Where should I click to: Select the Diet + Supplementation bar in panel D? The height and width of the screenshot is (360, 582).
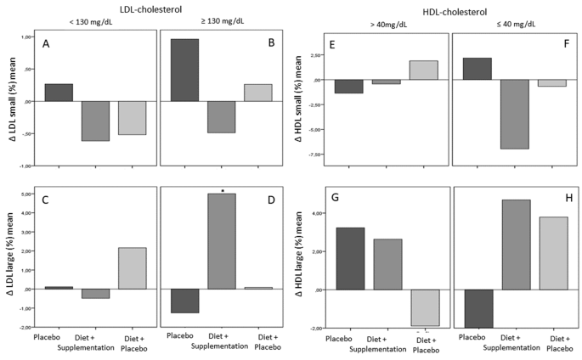(x=222, y=241)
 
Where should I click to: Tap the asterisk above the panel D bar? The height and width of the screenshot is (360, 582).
(x=222, y=190)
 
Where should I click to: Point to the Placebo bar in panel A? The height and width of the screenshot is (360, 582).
(x=59, y=93)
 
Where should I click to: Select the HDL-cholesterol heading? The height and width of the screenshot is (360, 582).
(x=447, y=7)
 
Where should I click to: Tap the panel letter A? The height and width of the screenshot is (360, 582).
(x=48, y=48)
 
